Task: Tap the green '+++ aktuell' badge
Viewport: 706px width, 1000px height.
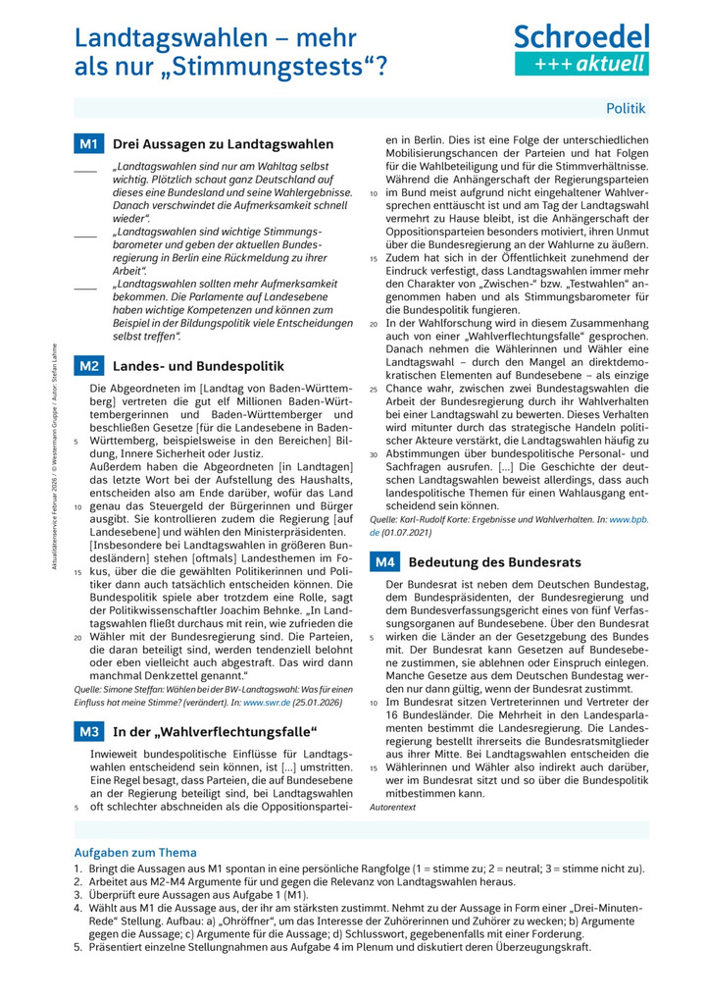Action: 581,65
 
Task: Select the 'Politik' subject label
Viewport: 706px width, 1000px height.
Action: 626,108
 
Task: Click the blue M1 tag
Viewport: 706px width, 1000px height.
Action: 89,144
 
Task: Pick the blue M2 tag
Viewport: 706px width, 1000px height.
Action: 89,366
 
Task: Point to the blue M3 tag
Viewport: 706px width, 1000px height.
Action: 89,731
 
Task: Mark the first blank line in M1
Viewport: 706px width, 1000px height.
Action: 85,173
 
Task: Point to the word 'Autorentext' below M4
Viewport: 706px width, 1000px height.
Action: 393,807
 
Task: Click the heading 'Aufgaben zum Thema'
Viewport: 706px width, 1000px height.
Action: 135,852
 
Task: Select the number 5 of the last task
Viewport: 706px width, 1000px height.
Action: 78,948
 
